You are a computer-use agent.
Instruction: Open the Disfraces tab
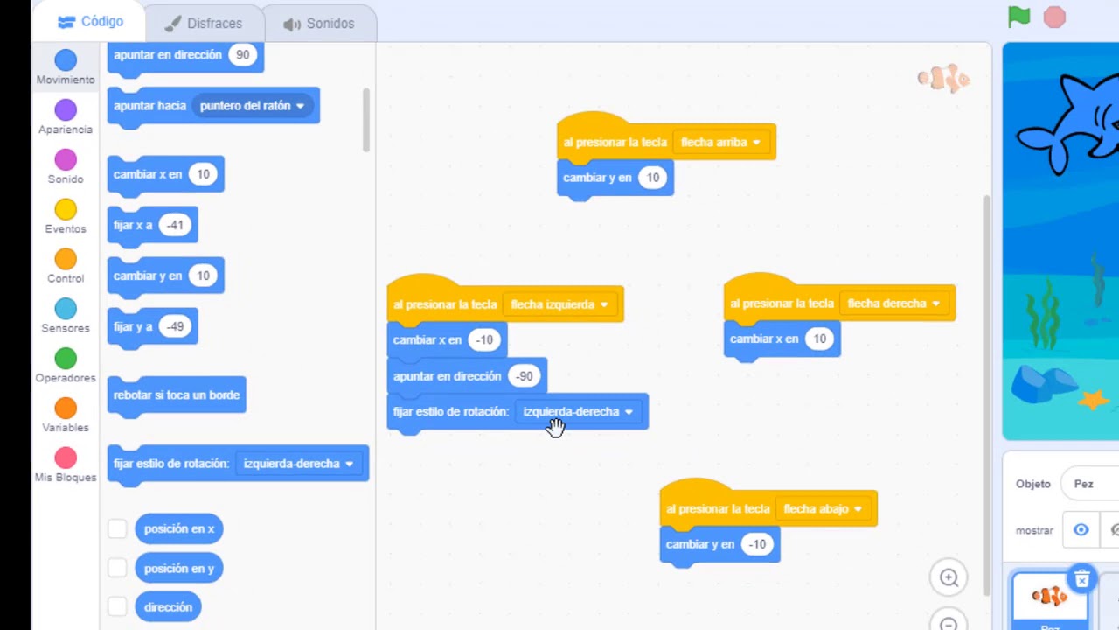[x=204, y=24]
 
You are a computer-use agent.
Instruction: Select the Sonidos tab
[x=319, y=24]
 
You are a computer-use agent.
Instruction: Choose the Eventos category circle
[x=66, y=209]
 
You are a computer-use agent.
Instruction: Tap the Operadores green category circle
[x=66, y=359]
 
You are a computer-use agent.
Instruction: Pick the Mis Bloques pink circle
[x=66, y=458]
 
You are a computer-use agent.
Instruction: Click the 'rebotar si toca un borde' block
[x=177, y=395]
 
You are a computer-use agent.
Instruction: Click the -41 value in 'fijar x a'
[x=175, y=225]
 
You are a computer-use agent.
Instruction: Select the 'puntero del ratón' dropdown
[x=253, y=106]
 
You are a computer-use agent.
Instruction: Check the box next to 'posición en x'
[x=117, y=528]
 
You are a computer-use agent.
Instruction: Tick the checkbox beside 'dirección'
[x=117, y=607]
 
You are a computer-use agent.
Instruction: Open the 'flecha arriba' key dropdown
[x=720, y=143]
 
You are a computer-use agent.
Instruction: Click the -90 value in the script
[x=524, y=376]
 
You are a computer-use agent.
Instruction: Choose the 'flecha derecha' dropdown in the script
[x=893, y=304]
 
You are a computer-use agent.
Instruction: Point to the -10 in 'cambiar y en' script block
[x=757, y=544]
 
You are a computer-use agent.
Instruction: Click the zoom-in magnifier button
[x=949, y=578]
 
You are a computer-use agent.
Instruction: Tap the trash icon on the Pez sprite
[x=1081, y=579]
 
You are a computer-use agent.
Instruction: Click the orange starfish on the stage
[x=1093, y=400]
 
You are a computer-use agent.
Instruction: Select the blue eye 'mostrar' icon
[x=1081, y=530]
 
